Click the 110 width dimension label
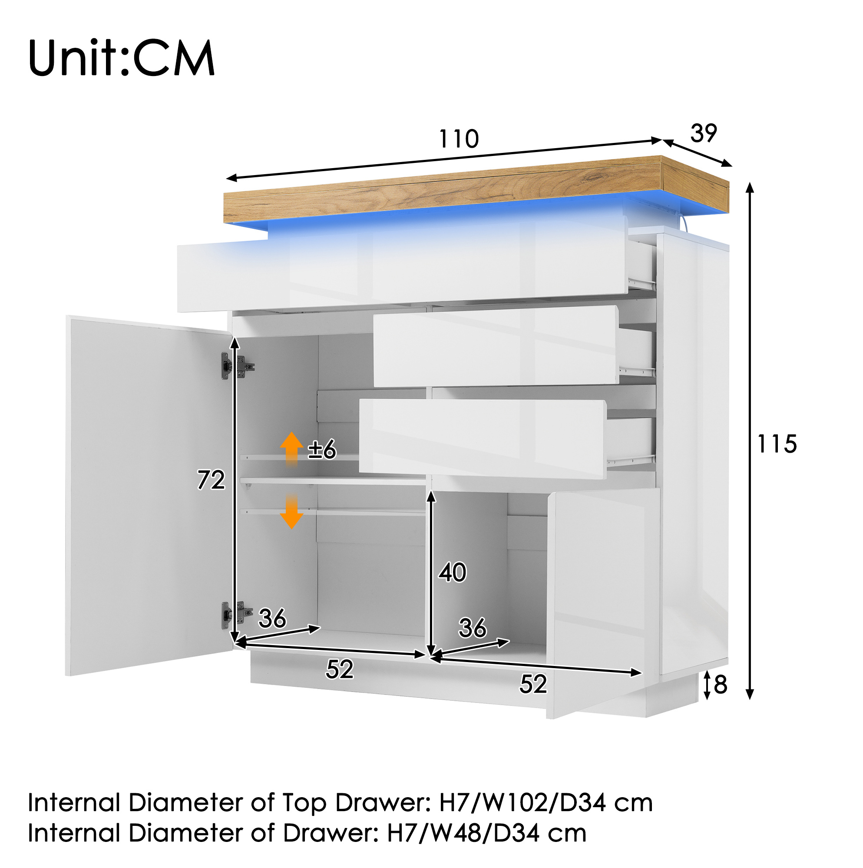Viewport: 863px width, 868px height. point(459,139)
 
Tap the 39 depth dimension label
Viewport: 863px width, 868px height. point(704,133)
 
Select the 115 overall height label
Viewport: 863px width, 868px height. point(777,444)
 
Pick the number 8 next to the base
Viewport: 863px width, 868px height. point(720,685)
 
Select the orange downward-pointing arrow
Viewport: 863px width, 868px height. point(291,512)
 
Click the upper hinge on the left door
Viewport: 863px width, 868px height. point(237,366)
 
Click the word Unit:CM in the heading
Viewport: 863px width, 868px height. point(121,58)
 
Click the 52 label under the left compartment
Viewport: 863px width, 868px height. point(340,669)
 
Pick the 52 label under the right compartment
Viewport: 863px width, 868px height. point(533,684)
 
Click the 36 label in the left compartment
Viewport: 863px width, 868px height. point(272,618)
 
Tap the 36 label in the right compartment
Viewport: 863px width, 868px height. point(473,628)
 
